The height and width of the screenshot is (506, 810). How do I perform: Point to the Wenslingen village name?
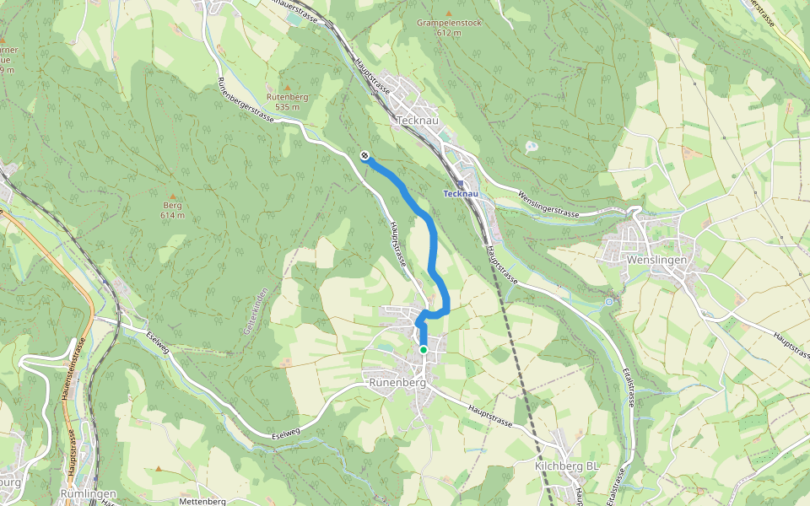coord(658,260)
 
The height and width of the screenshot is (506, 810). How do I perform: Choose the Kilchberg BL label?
coord(568,466)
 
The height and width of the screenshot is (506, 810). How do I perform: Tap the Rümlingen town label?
coord(88,493)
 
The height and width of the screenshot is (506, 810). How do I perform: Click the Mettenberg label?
coord(202,501)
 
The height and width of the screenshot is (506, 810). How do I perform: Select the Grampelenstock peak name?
coord(448,23)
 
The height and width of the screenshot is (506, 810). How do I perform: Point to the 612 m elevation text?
coord(449,33)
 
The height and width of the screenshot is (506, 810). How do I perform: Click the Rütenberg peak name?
coord(288,97)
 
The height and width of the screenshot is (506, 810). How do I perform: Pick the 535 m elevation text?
coord(288,107)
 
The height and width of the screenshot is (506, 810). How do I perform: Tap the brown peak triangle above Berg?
coord(172,194)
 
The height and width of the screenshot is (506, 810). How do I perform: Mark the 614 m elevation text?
coord(172,215)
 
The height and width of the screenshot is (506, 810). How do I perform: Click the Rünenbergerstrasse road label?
coord(246,106)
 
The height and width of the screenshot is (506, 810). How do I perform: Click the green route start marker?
coord(424,349)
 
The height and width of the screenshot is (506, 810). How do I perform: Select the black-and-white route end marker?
coord(364,154)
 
